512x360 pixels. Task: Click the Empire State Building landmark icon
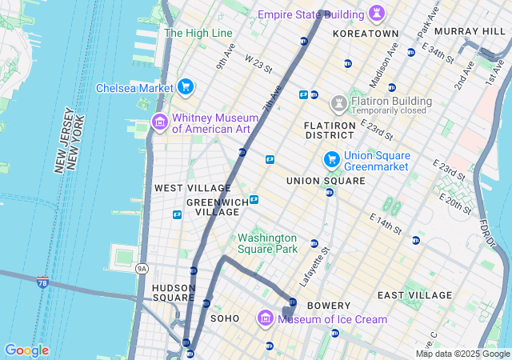375,14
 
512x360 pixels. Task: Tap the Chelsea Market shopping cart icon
186,86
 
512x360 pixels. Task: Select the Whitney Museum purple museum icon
159,122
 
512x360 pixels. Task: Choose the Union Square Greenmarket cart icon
331,160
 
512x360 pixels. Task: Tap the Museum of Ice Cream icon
266,318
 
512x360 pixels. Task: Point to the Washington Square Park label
267,243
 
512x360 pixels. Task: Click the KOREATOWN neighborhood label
365,34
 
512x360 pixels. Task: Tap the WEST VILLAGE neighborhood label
181,187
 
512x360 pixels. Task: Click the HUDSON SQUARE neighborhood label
174,292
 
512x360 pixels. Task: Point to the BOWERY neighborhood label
329,306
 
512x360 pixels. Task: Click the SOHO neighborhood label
224,318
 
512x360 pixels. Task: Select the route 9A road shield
142,269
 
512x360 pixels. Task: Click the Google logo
26,350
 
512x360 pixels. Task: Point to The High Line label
198,33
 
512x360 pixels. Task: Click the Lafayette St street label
314,267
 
